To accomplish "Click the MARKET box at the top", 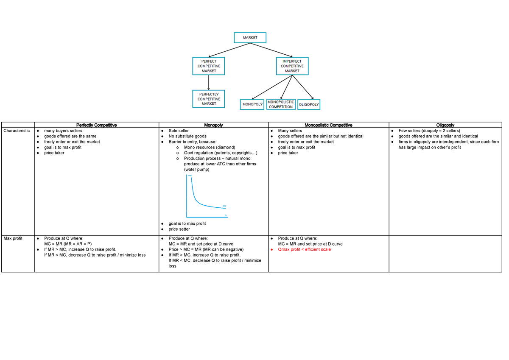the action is pos(250,37).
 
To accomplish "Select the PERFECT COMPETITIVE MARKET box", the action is pos(209,66).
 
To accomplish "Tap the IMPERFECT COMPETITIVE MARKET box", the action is pos(292,66).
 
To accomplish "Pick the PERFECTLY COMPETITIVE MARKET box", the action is pos(209,99).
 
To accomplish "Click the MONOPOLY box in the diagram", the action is pos(252,104).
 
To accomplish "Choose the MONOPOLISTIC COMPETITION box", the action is pos(281,104).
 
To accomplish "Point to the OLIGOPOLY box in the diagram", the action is pos(309,104).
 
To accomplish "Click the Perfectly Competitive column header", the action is pos(96,125).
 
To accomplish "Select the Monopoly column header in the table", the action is pos(213,125).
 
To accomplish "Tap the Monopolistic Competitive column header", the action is pos(328,125).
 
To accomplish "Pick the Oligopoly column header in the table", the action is pos(445,125).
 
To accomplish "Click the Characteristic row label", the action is pos(17,131).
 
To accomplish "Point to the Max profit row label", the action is pos(13,238).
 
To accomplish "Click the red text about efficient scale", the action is pos(304,249).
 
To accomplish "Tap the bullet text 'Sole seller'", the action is pos(179,131).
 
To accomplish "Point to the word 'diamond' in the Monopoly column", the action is pos(225,147).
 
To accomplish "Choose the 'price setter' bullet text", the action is pos(179,229).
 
